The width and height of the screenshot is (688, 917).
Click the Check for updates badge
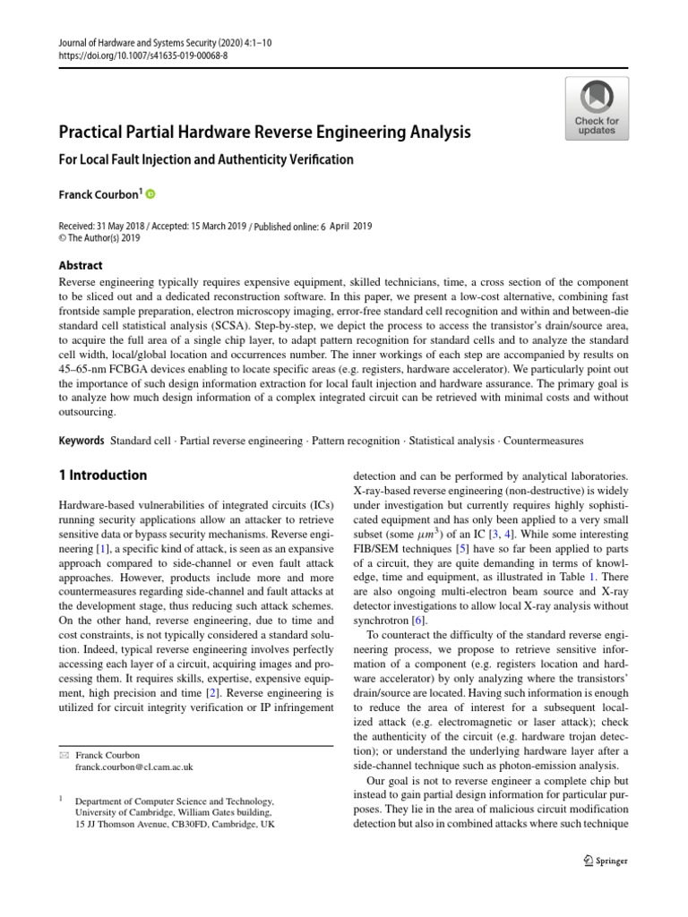(597, 108)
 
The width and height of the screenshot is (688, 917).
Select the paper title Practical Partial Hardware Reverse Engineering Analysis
(264, 133)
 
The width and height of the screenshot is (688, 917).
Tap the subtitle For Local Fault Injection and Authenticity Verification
(206, 160)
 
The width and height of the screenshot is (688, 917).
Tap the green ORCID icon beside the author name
(150, 193)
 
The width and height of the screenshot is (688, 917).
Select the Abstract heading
(81, 265)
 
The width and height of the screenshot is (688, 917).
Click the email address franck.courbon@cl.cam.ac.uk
(135, 767)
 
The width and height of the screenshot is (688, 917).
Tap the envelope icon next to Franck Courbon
(63, 755)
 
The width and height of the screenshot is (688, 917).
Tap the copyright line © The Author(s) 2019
(99, 238)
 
